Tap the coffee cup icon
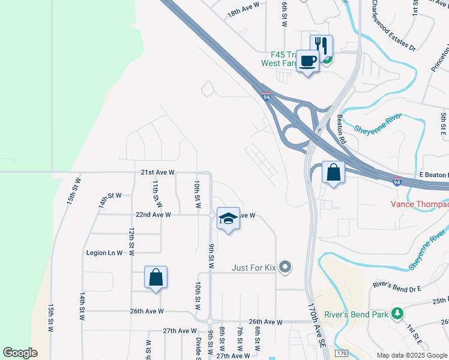[x=308, y=61]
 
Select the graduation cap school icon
[x=228, y=219]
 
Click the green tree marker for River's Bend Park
[x=396, y=313]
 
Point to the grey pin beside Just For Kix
[x=286, y=266]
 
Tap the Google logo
[x=20, y=353]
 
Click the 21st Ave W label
[x=157, y=172]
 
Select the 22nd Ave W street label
[x=154, y=214]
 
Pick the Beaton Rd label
[x=342, y=128]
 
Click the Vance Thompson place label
[x=420, y=204]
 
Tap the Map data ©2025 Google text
[x=412, y=355]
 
